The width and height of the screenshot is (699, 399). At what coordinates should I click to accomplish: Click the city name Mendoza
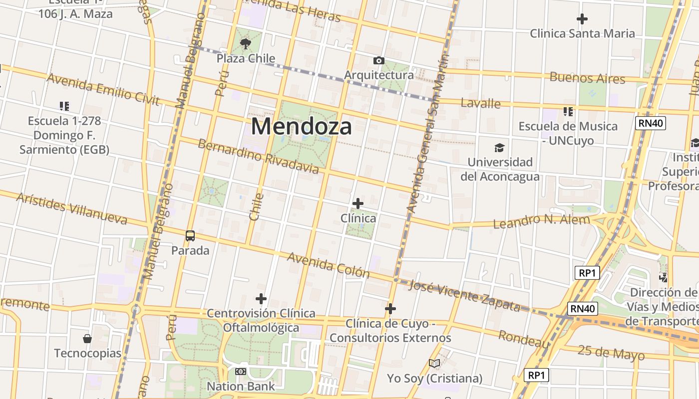pos(301,126)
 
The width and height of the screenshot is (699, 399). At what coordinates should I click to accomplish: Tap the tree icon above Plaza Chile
pos(245,44)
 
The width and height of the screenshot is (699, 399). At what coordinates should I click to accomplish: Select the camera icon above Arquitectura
pos(379,61)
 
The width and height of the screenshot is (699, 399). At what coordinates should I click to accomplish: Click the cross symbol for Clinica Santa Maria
pos(582,19)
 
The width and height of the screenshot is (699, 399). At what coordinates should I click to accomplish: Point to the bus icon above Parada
pos(190,236)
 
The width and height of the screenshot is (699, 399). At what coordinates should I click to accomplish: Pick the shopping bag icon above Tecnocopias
pos(87,339)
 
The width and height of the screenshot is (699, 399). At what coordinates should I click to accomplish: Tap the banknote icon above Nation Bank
pos(241,372)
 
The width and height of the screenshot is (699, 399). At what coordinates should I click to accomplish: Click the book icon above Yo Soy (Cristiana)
pos(434,364)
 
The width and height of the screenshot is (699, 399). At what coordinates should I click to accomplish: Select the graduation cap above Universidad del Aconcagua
pos(499,148)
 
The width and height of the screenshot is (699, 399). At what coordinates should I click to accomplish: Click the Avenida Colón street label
pos(329,265)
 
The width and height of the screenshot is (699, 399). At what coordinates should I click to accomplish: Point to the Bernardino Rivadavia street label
pos(258,157)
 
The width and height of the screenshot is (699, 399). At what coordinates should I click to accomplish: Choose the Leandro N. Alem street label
pos(541,221)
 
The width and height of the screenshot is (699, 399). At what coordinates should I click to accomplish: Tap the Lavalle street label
pos(480,103)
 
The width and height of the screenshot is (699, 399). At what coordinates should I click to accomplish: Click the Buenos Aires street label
pos(587,78)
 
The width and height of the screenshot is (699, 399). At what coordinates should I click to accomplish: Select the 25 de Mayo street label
pos(611,352)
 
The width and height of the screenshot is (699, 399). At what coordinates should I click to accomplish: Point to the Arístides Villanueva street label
pos(72,207)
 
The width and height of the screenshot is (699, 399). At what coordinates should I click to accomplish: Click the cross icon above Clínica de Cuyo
pos(390,309)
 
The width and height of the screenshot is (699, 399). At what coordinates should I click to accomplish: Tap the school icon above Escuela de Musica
pos(568,111)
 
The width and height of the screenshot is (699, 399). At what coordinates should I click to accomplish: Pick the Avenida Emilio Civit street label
pos(103,90)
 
